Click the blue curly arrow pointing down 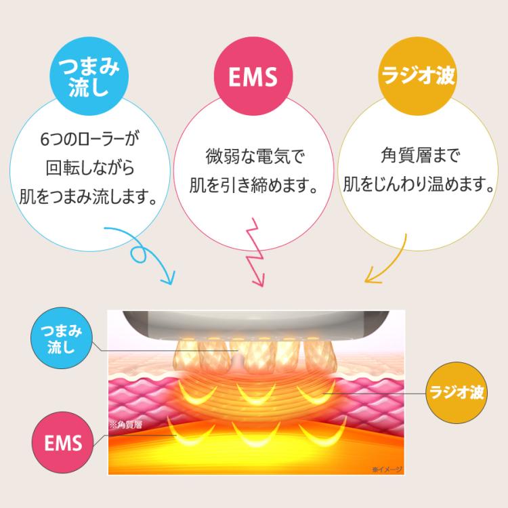(x=146, y=254)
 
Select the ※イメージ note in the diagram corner (x=387, y=469)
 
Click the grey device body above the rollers (x=257, y=322)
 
